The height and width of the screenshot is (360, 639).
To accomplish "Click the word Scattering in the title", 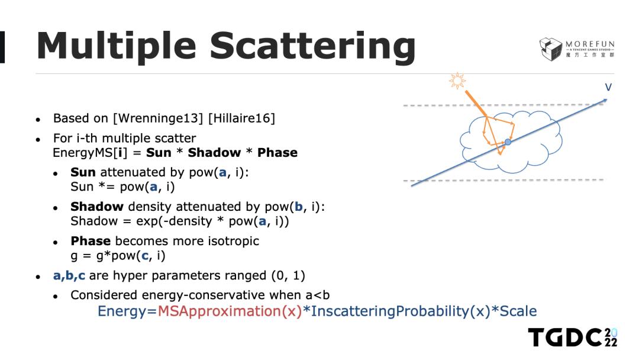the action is coord(312,47).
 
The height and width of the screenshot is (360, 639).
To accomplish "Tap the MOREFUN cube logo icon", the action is coord(551,49).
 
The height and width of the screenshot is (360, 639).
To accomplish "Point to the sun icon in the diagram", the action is coord(457,81).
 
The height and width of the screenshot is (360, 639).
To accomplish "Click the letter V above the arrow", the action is coord(608,87).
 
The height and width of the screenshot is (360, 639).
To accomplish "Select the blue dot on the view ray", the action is coord(508,142).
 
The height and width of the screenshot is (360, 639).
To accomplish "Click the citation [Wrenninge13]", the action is coord(158,118).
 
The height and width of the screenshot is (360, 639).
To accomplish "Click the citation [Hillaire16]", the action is coord(241,118).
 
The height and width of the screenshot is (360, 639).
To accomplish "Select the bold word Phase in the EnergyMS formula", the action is coord(277,153).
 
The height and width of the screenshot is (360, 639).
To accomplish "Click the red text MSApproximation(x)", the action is coord(230,311).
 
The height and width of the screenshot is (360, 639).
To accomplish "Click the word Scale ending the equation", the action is coord(518,311).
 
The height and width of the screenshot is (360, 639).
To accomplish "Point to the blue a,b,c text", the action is coord(69,276).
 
